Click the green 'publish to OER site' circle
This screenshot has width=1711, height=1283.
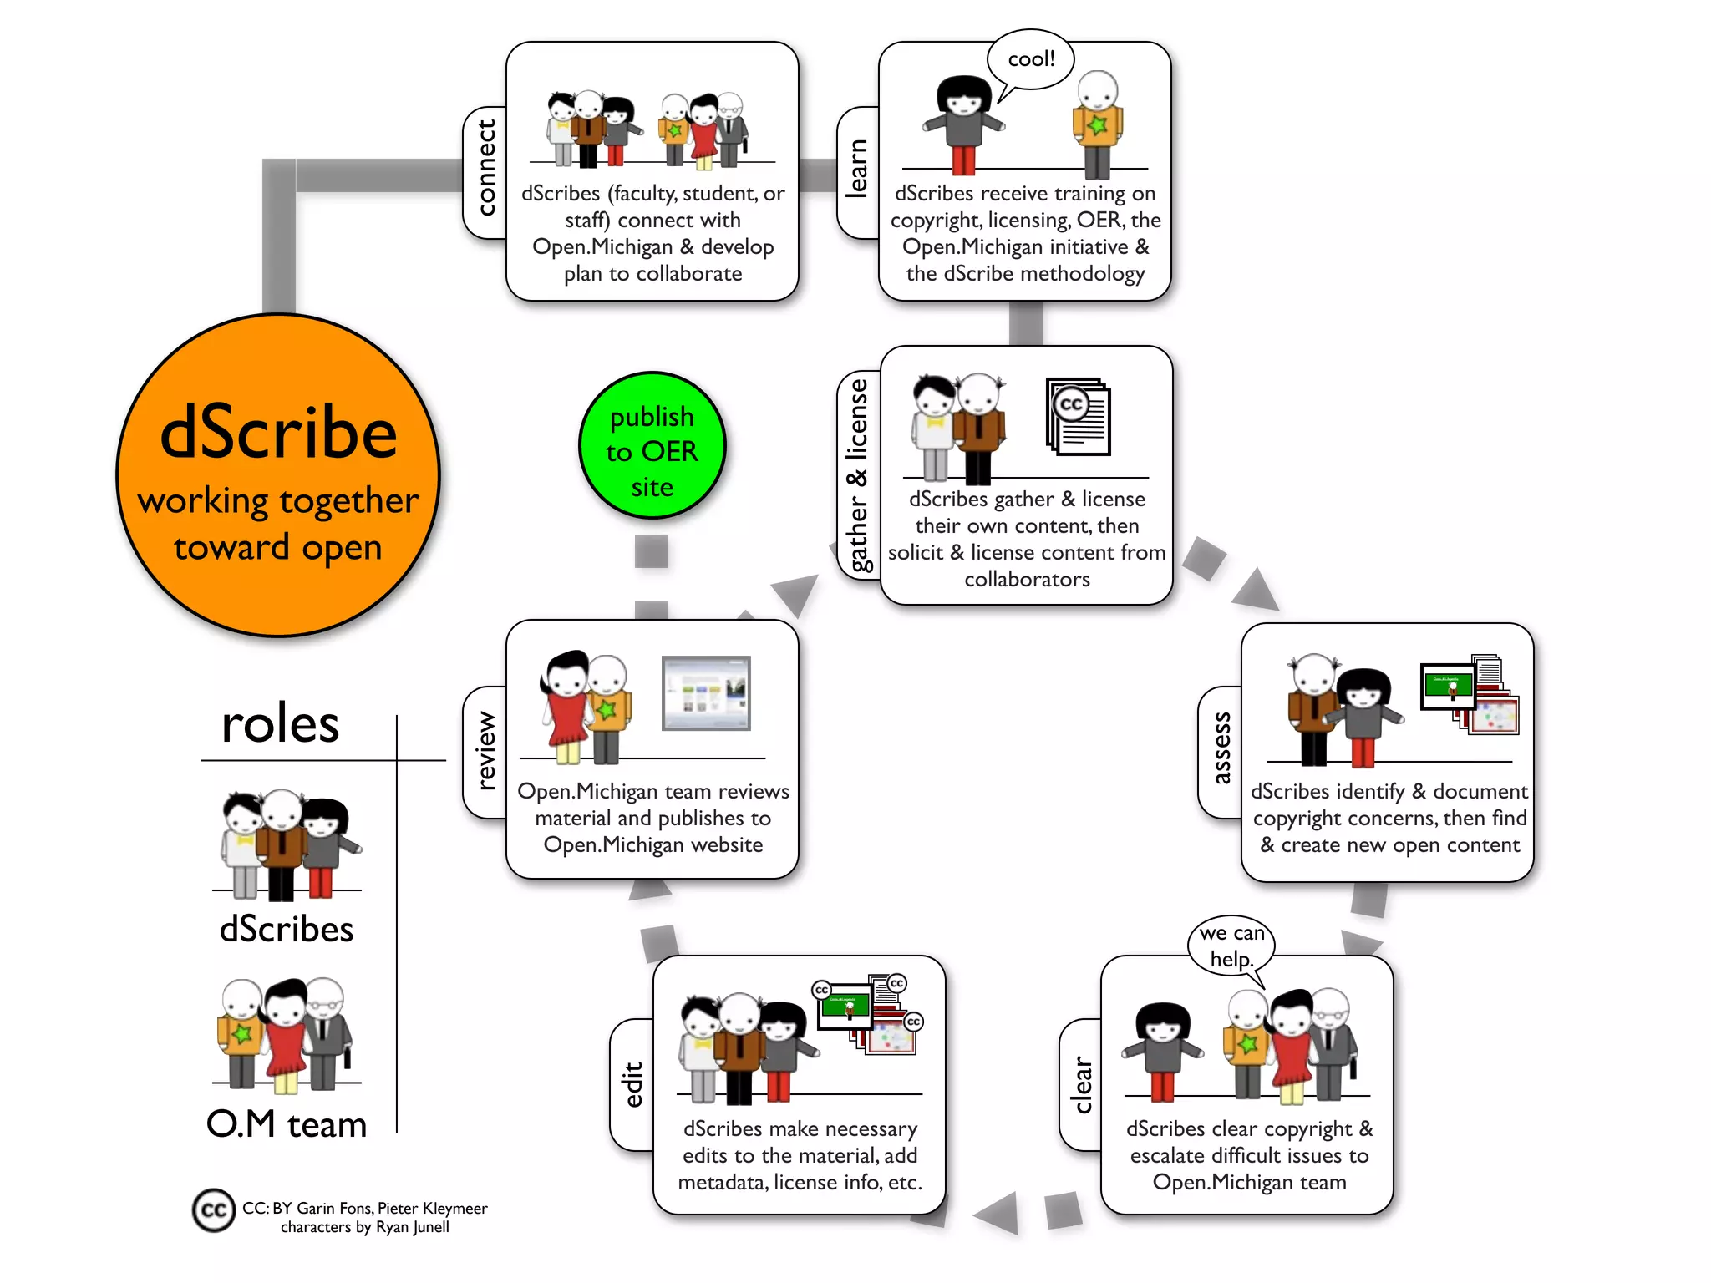[x=652, y=445]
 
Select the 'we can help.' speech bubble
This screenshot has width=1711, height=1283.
[x=1231, y=945]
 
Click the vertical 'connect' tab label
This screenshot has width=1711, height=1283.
[x=485, y=170]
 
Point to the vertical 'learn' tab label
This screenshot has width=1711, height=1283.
[x=858, y=170]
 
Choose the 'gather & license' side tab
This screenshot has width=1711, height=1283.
[x=858, y=474]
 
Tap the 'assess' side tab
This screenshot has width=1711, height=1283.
[x=1221, y=748]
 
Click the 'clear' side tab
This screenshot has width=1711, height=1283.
[x=1081, y=1084]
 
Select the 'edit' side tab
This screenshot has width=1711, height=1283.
[x=633, y=1084]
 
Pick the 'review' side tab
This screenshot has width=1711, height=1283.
[x=485, y=750]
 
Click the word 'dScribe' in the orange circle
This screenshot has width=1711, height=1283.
[x=278, y=433]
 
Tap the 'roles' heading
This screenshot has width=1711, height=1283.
[x=281, y=723]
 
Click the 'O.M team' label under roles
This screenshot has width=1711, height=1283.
[x=287, y=1124]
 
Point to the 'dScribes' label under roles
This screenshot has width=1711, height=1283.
[x=287, y=929]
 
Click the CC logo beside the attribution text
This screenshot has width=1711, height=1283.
[x=213, y=1209]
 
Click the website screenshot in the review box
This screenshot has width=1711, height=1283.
[x=706, y=692]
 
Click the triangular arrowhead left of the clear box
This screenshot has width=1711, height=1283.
[x=998, y=1211]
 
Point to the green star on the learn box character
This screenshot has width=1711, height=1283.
[x=1097, y=125]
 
